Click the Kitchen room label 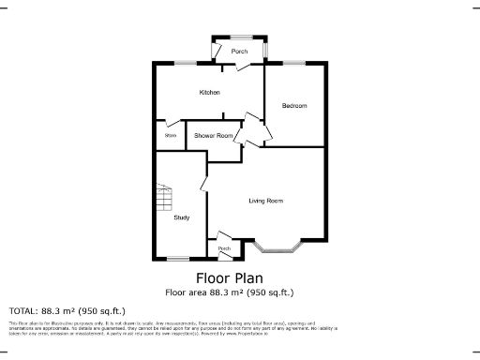tap(209, 93)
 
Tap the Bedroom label tap(294, 106)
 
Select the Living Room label tap(266, 201)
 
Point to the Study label tap(182, 217)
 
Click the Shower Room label tap(214, 136)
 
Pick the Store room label tap(171, 136)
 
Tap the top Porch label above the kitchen tap(239, 52)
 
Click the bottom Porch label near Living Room tap(224, 248)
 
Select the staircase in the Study tap(165, 199)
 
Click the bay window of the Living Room tap(278, 250)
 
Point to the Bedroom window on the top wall tap(293, 63)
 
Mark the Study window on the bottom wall tap(178, 259)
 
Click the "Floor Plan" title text tap(230, 277)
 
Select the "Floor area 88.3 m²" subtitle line tap(230, 292)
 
